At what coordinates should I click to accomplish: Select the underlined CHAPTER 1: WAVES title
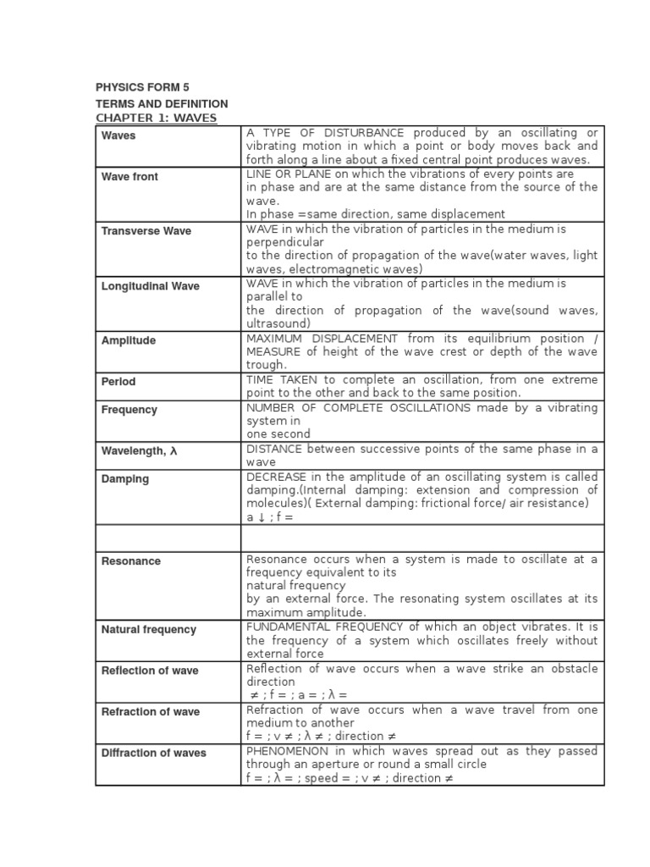tap(157, 118)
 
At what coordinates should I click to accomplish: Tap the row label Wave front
tap(129, 177)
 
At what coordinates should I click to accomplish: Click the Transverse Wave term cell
tap(146, 231)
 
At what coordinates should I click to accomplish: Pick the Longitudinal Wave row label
tap(150, 286)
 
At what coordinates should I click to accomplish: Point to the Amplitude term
tap(129, 340)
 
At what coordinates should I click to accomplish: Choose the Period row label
tap(118, 382)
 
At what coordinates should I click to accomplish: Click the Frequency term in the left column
tap(129, 410)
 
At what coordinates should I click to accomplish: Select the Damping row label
tap(125, 478)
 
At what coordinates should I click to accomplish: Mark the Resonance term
tap(131, 561)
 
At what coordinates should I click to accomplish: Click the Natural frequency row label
tap(148, 630)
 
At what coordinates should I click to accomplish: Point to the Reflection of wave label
tap(150, 671)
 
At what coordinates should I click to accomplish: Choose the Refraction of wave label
tap(151, 712)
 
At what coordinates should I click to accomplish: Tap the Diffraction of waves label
tap(153, 753)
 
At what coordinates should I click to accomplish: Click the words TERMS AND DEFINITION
tap(162, 103)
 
